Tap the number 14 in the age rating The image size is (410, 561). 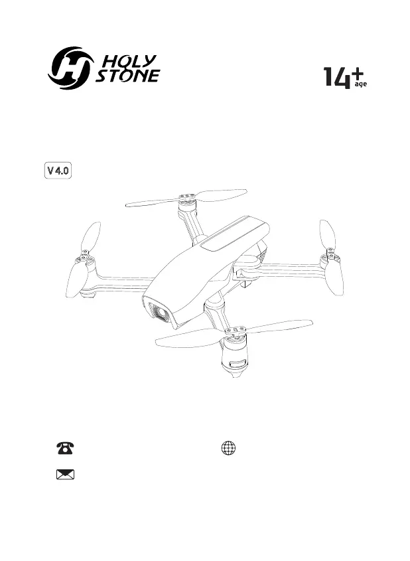click(x=337, y=78)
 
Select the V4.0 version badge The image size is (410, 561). click(x=58, y=171)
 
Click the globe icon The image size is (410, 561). click(x=228, y=448)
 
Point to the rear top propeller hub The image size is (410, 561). click(x=186, y=197)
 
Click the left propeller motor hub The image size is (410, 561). click(x=85, y=255)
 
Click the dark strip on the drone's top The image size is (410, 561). click(x=226, y=236)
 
